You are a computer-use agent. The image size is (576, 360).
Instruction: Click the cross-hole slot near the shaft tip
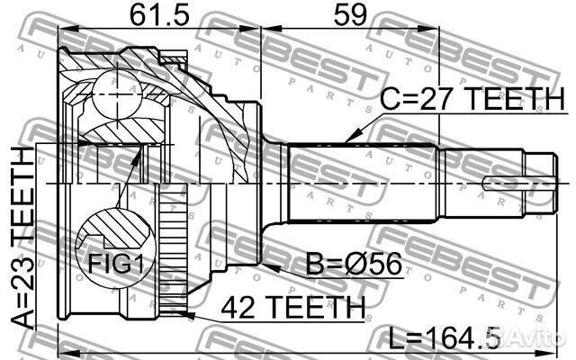coord(513,184)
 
